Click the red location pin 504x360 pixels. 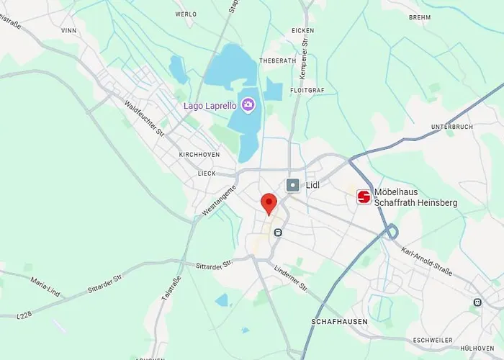(269, 203)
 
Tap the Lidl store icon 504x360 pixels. (293, 185)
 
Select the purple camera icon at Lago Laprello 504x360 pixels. (248, 105)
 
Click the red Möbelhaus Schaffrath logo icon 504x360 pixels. (364, 197)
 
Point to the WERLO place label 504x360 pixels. (186, 14)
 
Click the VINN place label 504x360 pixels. (69, 31)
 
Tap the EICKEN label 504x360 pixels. (303, 31)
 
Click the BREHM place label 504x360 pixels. (419, 17)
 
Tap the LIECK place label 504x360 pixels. (207, 174)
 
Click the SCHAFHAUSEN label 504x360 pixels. (340, 321)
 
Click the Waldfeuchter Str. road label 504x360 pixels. (145, 119)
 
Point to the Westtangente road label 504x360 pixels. (220, 197)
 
